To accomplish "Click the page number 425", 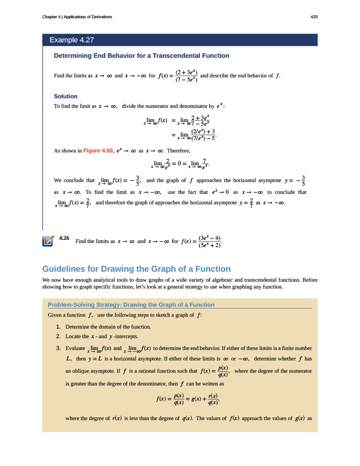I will (x=314, y=17).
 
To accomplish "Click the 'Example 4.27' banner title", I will (x=71, y=40).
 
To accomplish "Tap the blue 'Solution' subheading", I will (x=66, y=96).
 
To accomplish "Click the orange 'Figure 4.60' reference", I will (x=98, y=150).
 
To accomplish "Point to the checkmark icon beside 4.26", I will (x=48, y=241).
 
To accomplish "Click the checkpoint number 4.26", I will (x=64, y=238).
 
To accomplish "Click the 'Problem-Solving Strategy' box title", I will (x=131, y=304).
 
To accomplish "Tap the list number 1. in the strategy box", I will (x=58, y=327).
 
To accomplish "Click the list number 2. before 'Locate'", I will (x=58, y=336).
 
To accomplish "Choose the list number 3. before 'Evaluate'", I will (x=58, y=348).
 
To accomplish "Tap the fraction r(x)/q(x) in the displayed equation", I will (x=213, y=399).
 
